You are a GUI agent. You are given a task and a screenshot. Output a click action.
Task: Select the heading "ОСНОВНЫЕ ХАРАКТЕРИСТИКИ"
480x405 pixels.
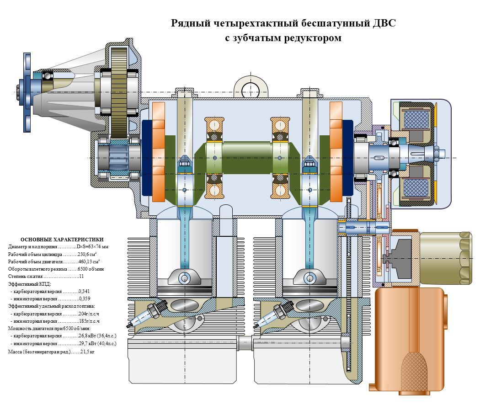tap(62, 240)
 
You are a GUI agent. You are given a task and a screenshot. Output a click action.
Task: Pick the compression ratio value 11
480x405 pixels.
tap(81, 277)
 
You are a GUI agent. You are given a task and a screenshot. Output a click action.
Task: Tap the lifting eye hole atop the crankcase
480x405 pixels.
tap(250, 88)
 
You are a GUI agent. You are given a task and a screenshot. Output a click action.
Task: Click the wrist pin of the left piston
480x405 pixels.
tap(185, 277)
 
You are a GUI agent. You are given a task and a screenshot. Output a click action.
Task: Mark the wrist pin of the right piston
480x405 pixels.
tap(310, 277)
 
